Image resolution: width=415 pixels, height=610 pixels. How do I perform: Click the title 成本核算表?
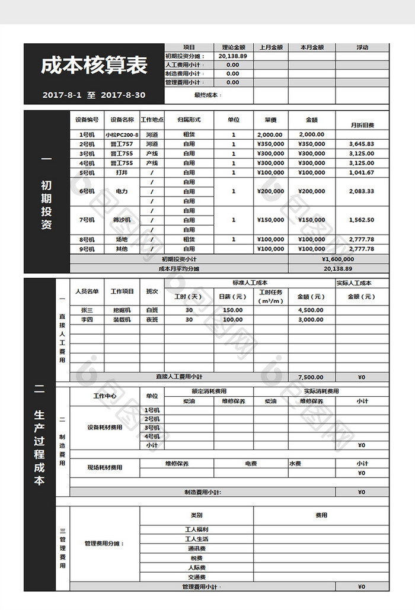pos(94,66)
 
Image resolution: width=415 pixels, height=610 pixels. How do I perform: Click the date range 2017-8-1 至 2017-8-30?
pos(94,95)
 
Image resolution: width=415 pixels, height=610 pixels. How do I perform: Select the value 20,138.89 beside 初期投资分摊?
pos(232,56)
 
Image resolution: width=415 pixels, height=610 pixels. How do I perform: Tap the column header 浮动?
pos(362,47)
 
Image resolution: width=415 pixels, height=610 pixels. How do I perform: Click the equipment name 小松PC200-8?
pos(122,134)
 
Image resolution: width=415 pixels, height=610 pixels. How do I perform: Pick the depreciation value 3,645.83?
pos(362,144)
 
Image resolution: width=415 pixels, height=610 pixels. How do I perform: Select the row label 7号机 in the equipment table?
pos(87,220)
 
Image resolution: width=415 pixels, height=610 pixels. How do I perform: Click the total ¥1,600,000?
pos(338,259)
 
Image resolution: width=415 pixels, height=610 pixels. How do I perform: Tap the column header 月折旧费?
pos(362,125)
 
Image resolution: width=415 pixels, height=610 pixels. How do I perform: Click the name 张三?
pos(87,310)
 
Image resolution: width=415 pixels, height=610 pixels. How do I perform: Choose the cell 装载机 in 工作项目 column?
pos(123,319)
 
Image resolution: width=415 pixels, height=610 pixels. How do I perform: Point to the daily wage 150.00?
pos(233,310)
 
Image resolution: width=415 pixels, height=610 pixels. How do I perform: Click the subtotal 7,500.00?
pos(311,377)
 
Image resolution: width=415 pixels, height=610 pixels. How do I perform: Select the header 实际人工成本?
pos(362,282)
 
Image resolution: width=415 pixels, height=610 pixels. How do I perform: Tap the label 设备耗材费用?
pos(104,427)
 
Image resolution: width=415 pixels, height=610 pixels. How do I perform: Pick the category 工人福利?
pos(197,529)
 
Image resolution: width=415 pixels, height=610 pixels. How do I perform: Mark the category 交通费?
pos(197,577)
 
